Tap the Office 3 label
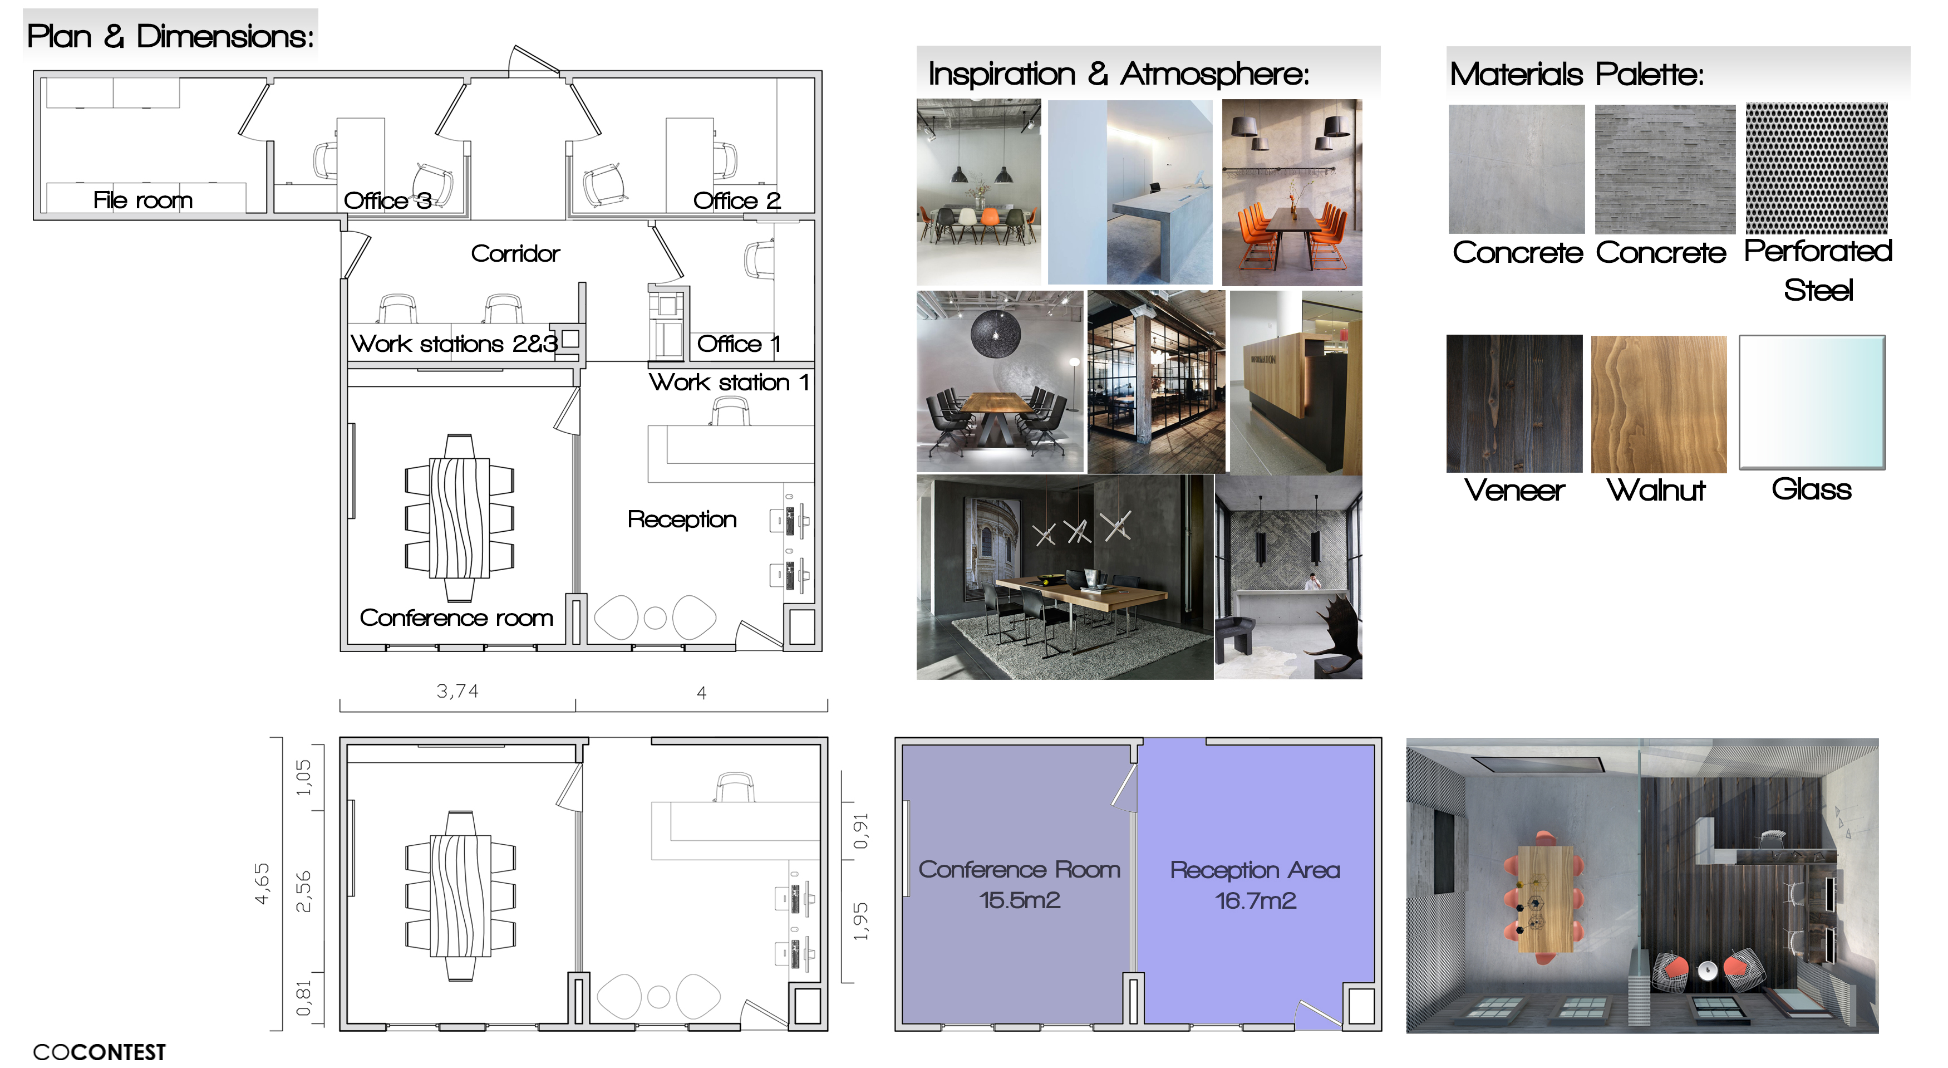click(x=387, y=200)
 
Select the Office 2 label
click(x=736, y=200)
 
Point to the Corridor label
click(x=515, y=253)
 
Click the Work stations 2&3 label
click(x=454, y=344)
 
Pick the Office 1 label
click(x=738, y=344)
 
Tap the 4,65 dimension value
click(x=262, y=884)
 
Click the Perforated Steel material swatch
click(x=1817, y=169)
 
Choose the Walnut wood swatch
click(x=1659, y=404)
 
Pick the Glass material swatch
click(x=1812, y=403)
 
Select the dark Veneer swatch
click(x=1514, y=404)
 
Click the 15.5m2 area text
click(x=1020, y=900)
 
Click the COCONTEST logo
click(x=99, y=1052)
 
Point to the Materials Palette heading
click(x=1577, y=74)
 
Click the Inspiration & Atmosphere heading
click(x=1119, y=74)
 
